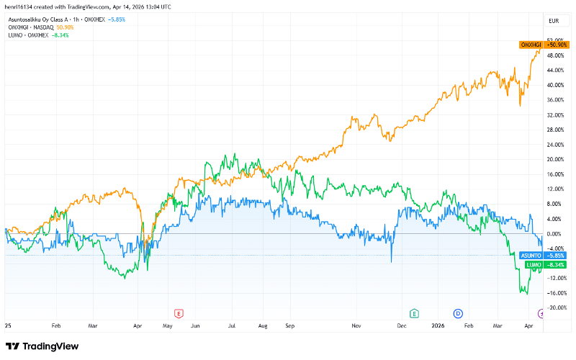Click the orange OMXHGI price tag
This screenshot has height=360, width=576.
click(x=544, y=45)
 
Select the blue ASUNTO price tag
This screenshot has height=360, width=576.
click(x=544, y=256)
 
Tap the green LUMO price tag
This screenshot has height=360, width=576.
click(x=544, y=265)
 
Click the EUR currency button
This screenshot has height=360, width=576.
click(x=554, y=22)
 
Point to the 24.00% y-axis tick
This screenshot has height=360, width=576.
click(x=555, y=145)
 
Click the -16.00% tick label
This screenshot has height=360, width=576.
click(x=555, y=293)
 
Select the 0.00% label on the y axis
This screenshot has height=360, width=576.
click(x=555, y=234)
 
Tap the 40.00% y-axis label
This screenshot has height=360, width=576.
click(x=555, y=85)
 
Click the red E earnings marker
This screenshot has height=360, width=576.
click(x=179, y=312)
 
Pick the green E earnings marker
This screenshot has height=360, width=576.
click(x=414, y=312)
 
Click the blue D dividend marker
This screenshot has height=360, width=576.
click(x=458, y=312)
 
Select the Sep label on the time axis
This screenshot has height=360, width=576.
click(x=290, y=325)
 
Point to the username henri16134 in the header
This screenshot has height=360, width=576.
click(x=19, y=6)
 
